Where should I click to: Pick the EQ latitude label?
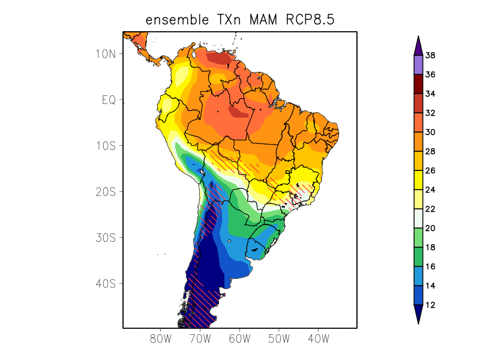click(x=109, y=100)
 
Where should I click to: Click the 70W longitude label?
click(x=200, y=338)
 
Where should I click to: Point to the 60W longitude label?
click(x=239, y=338)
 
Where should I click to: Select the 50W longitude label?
click(x=278, y=338)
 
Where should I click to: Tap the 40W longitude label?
click(x=318, y=338)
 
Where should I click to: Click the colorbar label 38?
click(x=430, y=56)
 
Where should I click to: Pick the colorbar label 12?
click(x=430, y=305)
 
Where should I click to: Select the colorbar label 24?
click(x=430, y=190)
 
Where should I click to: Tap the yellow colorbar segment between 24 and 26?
click(x=418, y=181)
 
